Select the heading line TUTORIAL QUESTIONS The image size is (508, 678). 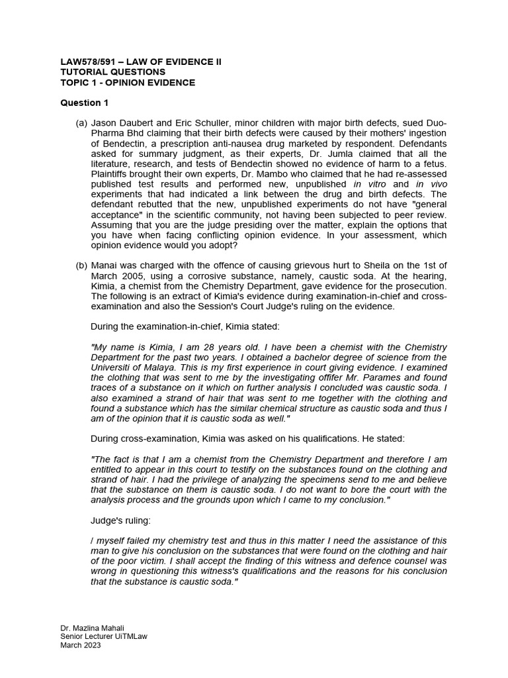click(x=113, y=72)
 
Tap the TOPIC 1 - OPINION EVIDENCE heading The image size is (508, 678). click(x=128, y=82)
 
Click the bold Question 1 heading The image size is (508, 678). click(x=85, y=103)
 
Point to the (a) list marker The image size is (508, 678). click(x=81, y=123)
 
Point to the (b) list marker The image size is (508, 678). click(x=81, y=266)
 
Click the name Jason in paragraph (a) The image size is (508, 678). click(x=103, y=123)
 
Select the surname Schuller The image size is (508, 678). click(x=214, y=123)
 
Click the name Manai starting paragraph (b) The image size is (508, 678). click(x=104, y=266)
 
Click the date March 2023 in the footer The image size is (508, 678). click(x=81, y=646)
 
